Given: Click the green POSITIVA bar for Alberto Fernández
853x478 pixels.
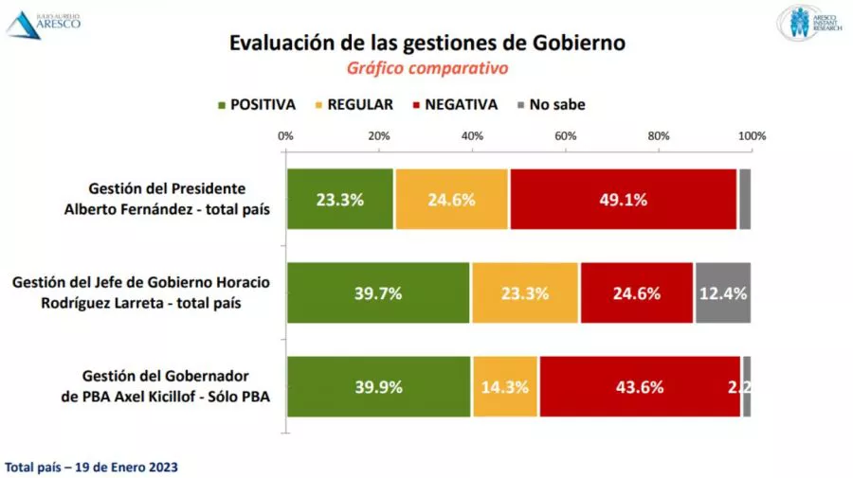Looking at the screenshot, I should click(x=340, y=199).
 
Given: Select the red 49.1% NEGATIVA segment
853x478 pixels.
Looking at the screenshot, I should click(x=623, y=199).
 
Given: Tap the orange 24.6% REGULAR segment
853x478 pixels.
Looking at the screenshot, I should click(x=452, y=199).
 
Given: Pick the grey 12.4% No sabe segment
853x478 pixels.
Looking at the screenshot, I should click(x=723, y=292).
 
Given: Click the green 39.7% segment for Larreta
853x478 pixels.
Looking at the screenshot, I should click(x=378, y=292).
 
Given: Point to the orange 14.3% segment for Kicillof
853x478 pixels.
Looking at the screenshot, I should click(x=505, y=386).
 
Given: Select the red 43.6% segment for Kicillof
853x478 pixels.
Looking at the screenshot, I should click(x=639, y=386).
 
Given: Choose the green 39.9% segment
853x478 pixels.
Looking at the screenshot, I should click(x=378, y=386).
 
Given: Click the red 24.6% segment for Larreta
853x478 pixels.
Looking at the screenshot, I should click(x=637, y=292).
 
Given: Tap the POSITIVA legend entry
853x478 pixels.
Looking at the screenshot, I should click(x=256, y=104).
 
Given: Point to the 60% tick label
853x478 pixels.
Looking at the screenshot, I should click(x=566, y=135).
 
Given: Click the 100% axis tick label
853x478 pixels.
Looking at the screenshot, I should click(x=752, y=135).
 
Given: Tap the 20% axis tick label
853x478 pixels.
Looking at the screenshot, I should click(x=379, y=135).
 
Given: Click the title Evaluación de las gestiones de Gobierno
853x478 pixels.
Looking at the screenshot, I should click(x=427, y=44).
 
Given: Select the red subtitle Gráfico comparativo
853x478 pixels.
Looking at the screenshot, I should click(x=427, y=69).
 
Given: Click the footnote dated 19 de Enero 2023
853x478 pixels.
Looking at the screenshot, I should click(x=91, y=468).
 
